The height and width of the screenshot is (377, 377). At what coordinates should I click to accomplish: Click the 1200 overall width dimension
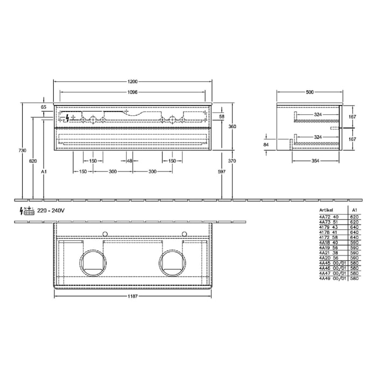tap(132, 81)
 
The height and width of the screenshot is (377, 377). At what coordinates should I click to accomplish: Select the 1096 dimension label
tap(132, 92)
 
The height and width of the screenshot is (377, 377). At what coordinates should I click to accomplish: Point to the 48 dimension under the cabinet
tap(129, 161)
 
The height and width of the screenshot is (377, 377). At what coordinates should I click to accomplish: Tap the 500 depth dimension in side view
tap(309, 92)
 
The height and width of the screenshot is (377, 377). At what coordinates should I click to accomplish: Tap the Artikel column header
tap(326, 211)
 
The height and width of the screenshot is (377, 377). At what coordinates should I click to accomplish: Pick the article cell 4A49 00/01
tap(330, 279)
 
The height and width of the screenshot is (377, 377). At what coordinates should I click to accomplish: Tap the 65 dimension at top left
tap(44, 107)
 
